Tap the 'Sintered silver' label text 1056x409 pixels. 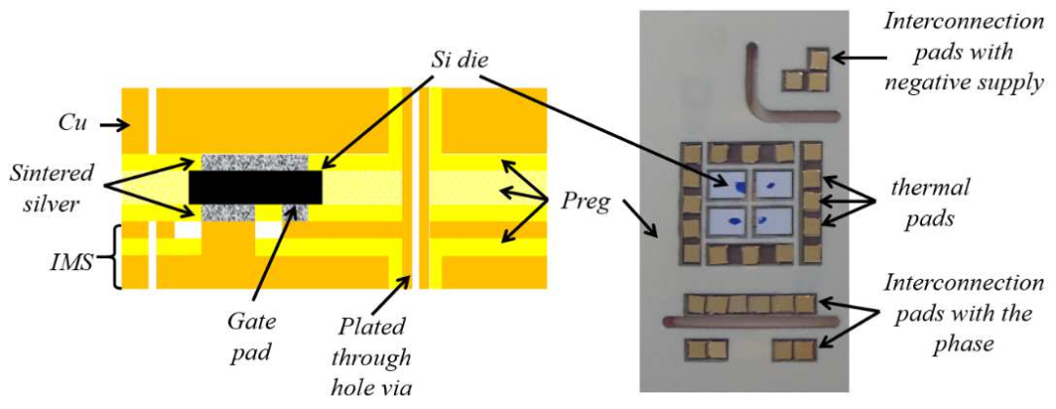click(x=54, y=186)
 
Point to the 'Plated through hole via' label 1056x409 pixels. click(x=372, y=356)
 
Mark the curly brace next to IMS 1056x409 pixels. click(x=117, y=256)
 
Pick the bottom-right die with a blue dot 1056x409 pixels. click(x=776, y=220)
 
